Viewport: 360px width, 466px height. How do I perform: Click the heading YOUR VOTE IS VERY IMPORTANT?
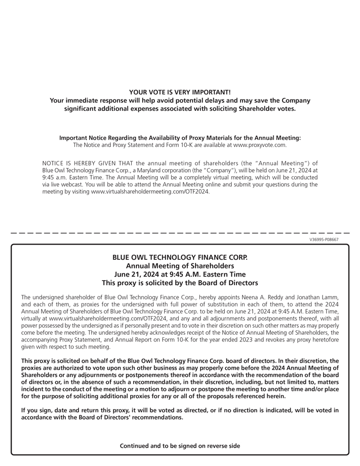180,92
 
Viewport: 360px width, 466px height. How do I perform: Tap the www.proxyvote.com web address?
259,145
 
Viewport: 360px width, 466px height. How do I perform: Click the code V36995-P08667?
324,240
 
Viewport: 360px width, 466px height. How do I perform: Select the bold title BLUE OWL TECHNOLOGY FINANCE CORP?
180,257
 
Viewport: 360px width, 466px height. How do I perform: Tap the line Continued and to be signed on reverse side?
180,446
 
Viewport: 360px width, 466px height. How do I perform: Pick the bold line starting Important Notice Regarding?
180,138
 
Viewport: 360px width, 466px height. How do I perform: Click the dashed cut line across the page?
180,233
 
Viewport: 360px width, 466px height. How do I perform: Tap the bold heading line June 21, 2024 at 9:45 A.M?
180,274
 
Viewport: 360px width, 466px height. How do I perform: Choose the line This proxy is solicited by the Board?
180,283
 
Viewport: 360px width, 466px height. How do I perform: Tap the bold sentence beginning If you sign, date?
180,413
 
